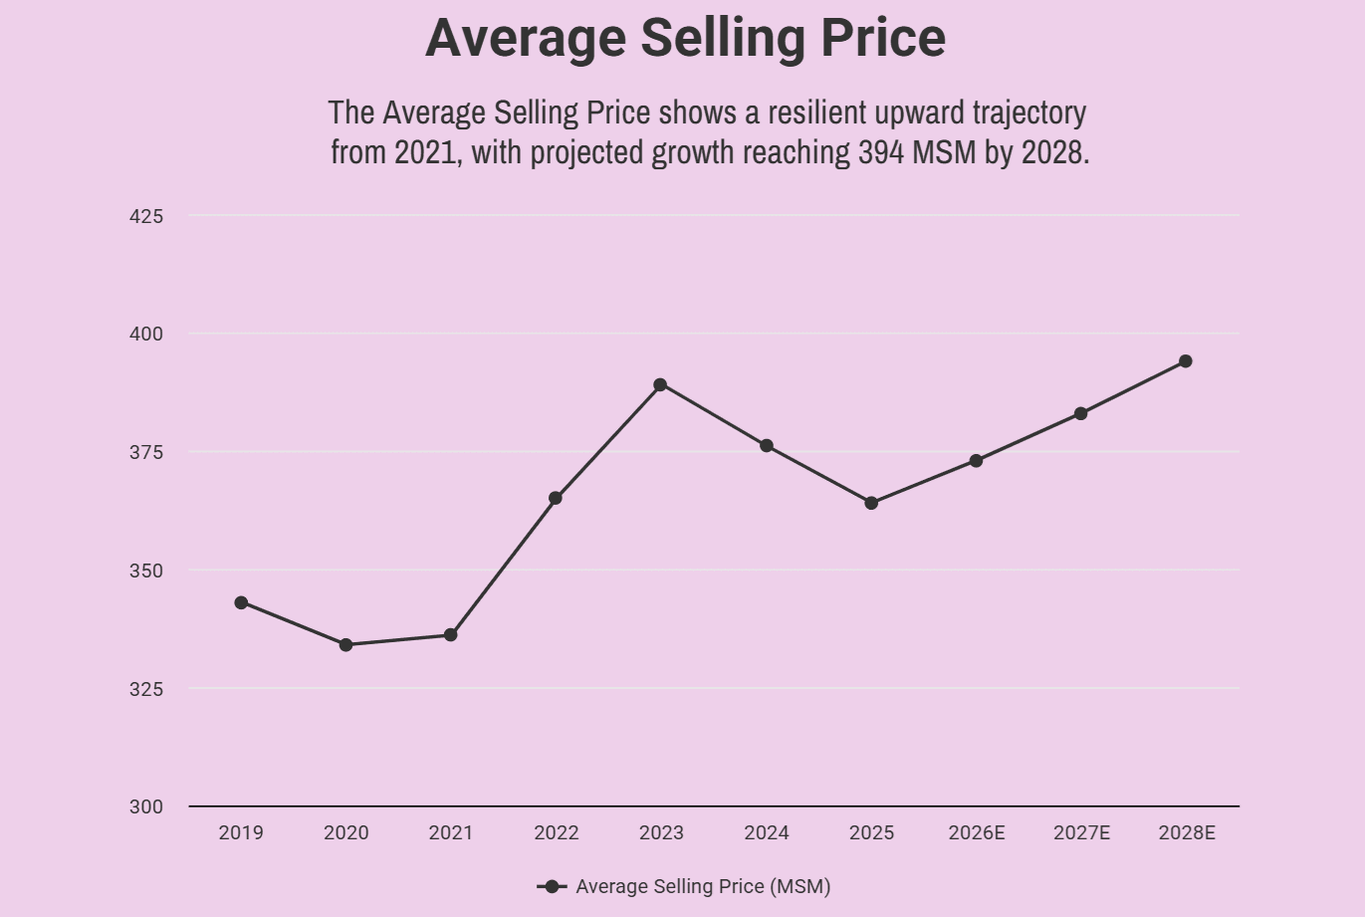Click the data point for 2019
click(241, 602)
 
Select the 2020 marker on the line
click(345, 645)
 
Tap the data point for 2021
click(451, 635)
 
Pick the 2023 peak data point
click(660, 384)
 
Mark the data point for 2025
click(871, 503)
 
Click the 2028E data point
click(1185, 361)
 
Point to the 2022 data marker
click(556, 498)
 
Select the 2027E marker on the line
click(1081, 413)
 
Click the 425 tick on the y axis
click(146, 216)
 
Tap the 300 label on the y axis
click(146, 806)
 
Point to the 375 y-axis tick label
click(146, 452)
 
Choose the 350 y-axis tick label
click(146, 571)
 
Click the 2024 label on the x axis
click(767, 833)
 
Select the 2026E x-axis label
click(977, 833)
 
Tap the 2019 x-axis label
click(241, 833)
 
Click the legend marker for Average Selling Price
click(552, 886)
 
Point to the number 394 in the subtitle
click(882, 152)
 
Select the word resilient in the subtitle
click(818, 113)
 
